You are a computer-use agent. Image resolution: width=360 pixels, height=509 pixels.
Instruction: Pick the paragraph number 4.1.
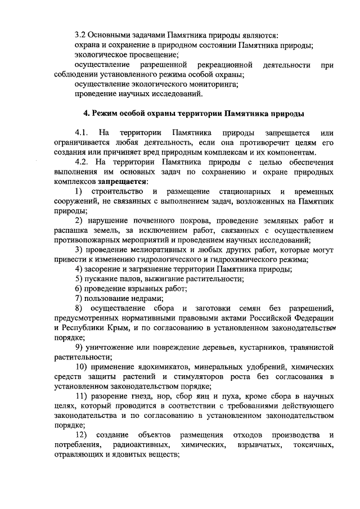pyautogui.click(x=81, y=133)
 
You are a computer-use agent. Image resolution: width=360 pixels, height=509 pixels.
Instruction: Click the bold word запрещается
pyautogui.click(x=123, y=182)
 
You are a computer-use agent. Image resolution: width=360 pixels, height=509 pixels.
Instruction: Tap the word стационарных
pyautogui.click(x=245, y=192)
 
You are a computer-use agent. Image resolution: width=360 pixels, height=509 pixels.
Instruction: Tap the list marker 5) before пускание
pyautogui.click(x=79, y=278)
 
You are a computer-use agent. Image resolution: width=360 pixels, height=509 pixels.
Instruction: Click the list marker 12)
pyautogui.click(x=81, y=434)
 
